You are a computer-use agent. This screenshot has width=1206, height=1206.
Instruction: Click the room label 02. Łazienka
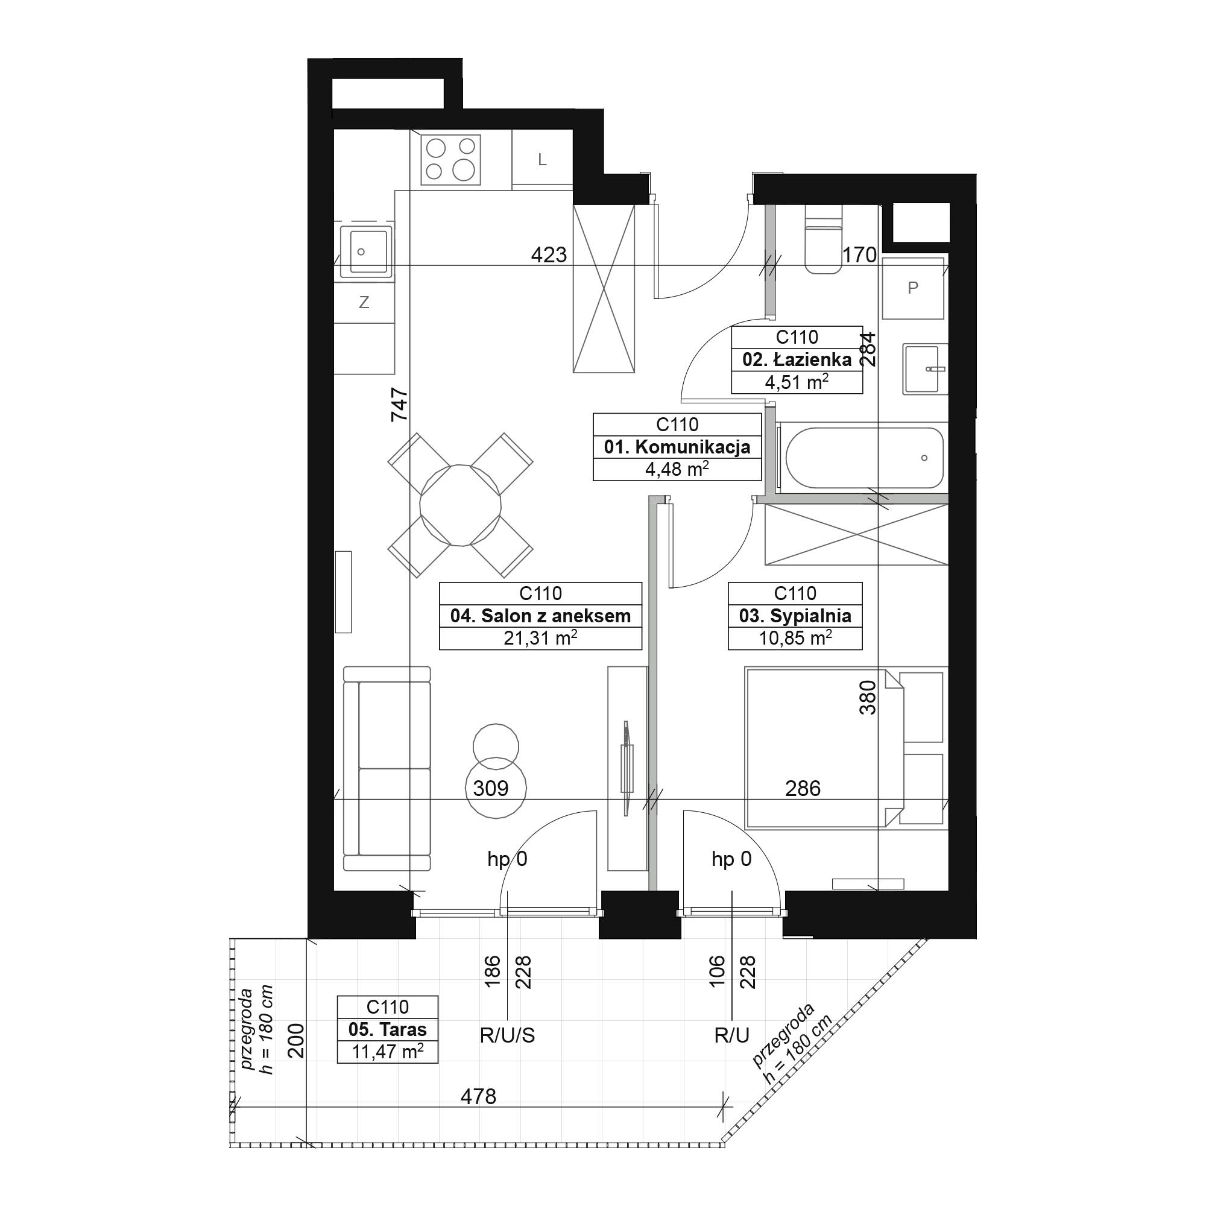tap(797, 359)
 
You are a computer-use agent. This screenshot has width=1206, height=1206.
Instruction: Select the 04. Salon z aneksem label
tap(540, 616)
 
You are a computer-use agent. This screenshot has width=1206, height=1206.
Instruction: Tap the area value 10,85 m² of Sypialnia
tap(795, 638)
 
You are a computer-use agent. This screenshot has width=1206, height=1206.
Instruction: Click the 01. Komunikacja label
tap(677, 447)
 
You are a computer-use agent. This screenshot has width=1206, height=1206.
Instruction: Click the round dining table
tap(461, 505)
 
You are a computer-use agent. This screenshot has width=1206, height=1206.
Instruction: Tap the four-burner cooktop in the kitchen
tap(450, 159)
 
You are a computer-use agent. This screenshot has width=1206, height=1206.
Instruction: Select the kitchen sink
tap(364, 251)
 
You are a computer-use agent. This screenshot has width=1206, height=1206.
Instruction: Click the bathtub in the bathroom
tap(865, 458)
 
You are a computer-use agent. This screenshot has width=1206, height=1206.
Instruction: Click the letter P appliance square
tap(912, 288)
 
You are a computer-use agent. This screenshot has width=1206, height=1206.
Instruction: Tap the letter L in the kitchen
tap(543, 160)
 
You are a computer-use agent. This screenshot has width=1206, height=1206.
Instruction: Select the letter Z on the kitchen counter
tap(364, 303)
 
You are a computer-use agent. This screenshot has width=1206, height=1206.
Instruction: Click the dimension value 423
tap(549, 254)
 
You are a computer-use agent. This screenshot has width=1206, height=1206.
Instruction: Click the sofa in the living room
tap(387, 768)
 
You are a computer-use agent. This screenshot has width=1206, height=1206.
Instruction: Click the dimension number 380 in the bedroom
tap(868, 697)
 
